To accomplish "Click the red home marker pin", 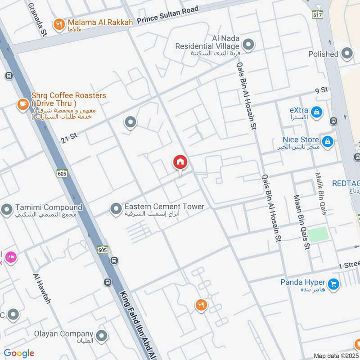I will tap(180, 162).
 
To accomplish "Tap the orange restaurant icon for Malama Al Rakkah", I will tap(58, 25).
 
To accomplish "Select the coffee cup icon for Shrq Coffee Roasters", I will tap(22, 104).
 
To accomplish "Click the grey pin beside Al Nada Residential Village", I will tap(248, 45).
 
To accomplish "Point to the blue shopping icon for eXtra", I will tap(316, 111).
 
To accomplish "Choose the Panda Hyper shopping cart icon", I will tap(333, 283).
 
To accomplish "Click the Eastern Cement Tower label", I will tap(164, 207).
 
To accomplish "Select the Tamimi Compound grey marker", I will tap(7, 209).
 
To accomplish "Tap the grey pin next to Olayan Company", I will tap(102, 335).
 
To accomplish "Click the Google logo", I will tap(19, 353).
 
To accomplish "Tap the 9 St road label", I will tap(321, 90).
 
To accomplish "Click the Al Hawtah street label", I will tap(41, 288).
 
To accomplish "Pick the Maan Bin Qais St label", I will tap(301, 222).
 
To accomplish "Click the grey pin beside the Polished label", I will tap(347, 54).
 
